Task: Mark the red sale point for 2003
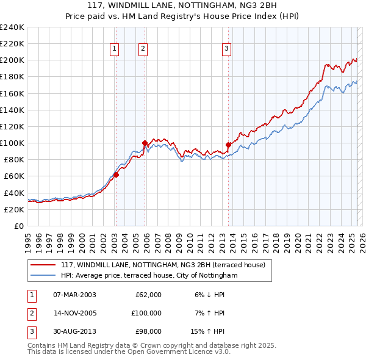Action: click(116, 175)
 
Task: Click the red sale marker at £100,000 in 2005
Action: click(145, 143)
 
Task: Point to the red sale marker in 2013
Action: click(229, 145)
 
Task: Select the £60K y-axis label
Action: click(14, 176)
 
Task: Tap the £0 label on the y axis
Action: click(19, 226)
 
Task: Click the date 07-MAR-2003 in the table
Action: click(74, 295)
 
